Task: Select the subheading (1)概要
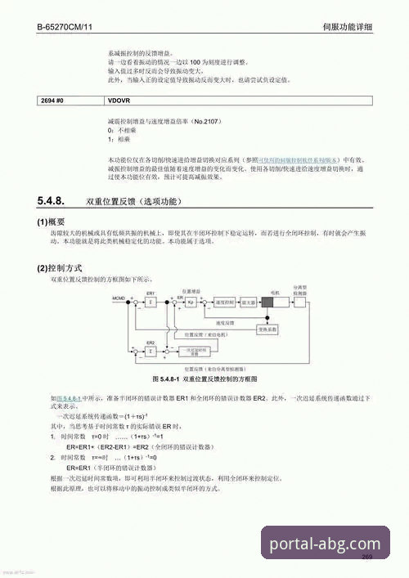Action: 51,222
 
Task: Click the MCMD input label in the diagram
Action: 120,300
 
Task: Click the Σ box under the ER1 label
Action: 151,302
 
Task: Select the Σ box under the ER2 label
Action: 151,352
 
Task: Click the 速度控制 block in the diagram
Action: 223,302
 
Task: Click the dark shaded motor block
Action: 272,302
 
